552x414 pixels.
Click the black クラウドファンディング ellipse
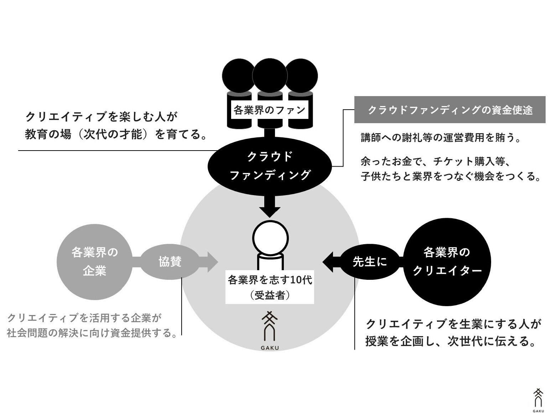click(270, 166)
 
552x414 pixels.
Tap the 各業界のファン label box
click(270, 110)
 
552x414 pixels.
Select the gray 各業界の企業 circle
click(94, 262)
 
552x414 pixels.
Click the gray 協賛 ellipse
click(170, 262)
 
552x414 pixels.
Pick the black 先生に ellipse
click(369, 262)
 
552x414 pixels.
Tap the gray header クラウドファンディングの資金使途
click(449, 110)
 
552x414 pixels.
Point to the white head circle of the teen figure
click(270, 238)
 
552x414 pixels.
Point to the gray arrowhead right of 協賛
click(212, 262)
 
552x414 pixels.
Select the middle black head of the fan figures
click(270, 76)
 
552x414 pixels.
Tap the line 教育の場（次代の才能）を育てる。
click(116, 135)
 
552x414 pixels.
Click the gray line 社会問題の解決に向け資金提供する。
click(92, 333)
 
